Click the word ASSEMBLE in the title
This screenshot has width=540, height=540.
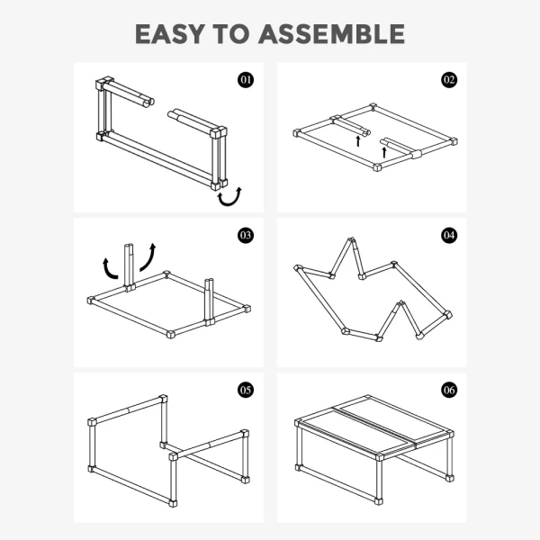pos(331,34)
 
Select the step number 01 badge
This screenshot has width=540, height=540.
pos(246,80)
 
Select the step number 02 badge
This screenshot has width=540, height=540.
pos(449,80)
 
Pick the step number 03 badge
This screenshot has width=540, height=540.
pos(246,235)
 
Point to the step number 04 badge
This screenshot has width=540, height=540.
pos(449,235)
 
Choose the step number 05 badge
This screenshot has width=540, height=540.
pos(246,391)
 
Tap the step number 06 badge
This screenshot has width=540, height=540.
pos(449,391)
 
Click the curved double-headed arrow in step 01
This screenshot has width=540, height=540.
pos(229,203)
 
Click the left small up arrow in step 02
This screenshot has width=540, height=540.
pos(358,141)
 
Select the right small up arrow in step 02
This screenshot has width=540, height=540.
pos(384,152)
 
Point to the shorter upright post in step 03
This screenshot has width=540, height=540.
pos(209,301)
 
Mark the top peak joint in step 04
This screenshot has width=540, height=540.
pos(352,239)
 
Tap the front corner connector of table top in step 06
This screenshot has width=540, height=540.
pos(379,457)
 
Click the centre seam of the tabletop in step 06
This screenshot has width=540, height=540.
pos(375,426)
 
